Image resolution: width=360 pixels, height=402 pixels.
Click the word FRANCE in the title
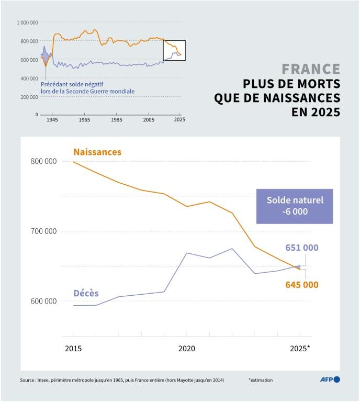tap(311, 69)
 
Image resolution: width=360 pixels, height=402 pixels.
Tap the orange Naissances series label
tap(97, 152)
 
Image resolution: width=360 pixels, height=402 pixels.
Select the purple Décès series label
tap(86, 293)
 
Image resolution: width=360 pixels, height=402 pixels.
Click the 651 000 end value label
tap(302, 248)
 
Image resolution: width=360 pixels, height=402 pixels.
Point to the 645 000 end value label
tap(302, 285)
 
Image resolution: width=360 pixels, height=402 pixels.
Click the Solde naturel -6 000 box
tap(295, 206)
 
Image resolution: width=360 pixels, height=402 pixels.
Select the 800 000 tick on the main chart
tap(43, 161)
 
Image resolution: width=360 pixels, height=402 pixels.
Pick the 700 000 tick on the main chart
tap(43, 231)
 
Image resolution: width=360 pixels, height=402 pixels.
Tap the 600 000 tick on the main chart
tap(43, 301)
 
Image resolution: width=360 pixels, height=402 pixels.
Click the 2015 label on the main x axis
tap(73, 348)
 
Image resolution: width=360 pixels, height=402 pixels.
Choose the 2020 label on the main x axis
tap(187, 348)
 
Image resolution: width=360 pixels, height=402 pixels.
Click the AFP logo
tap(330, 379)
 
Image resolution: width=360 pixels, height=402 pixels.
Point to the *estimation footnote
tap(261, 380)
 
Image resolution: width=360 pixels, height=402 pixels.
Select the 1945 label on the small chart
tap(52, 120)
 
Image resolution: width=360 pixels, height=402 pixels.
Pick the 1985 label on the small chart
tap(116, 120)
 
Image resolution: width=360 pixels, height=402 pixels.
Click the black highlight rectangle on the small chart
tap(174, 50)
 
